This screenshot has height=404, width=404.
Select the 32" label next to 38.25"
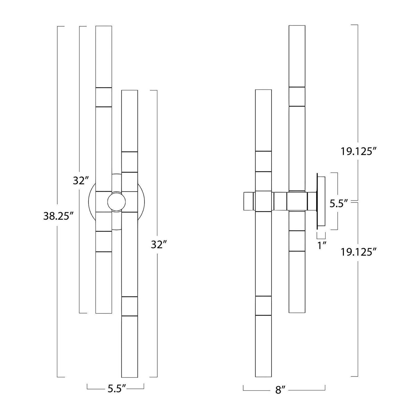(81, 181)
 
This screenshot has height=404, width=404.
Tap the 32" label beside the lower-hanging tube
(159, 244)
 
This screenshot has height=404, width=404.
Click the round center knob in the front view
(116, 202)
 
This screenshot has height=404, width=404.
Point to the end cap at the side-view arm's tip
(249, 201)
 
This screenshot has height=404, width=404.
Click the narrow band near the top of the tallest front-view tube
(103, 97)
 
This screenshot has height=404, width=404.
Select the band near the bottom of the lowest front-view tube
(129, 306)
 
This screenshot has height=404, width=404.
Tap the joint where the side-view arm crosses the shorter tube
(263, 201)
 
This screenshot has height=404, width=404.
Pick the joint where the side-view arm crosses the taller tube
(297, 201)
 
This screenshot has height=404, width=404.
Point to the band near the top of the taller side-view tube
(297, 96)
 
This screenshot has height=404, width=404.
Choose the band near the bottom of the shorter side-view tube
(263, 306)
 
